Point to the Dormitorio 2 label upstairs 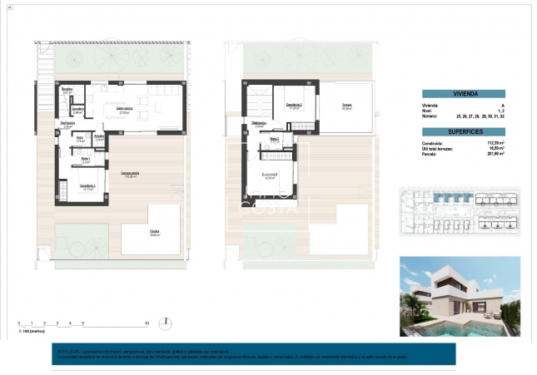pos(294,105)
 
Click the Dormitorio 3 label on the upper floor pos(269,175)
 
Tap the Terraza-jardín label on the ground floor pos(131,172)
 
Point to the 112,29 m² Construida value pos(497,142)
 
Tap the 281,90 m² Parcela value pos(497,153)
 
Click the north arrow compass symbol pos(167,323)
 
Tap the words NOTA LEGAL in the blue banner pos(62,351)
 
